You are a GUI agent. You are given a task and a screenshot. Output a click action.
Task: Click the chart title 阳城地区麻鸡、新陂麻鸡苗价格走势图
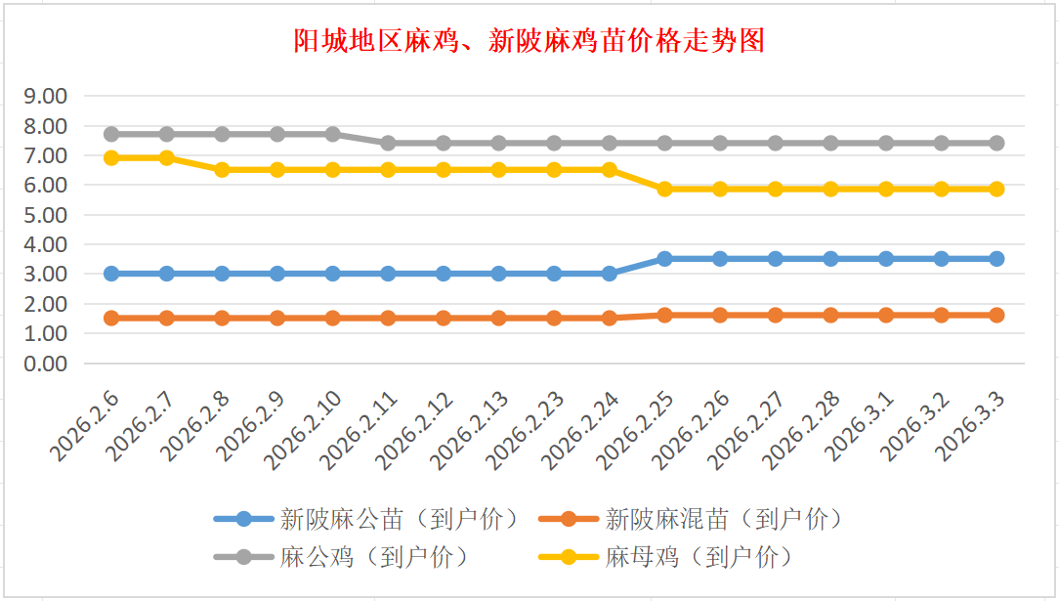tap(529, 41)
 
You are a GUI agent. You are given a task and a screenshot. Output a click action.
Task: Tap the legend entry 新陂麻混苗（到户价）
tap(723, 519)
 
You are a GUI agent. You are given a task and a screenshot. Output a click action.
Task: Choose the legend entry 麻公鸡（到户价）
tap(374, 557)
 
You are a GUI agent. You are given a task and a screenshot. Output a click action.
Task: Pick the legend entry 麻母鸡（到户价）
tap(699, 557)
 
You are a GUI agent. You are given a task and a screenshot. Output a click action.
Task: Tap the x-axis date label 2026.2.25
tap(639, 427)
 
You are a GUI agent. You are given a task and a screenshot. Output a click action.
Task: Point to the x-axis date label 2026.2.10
tap(307, 427)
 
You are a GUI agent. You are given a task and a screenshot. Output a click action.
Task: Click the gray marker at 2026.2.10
tap(332, 134)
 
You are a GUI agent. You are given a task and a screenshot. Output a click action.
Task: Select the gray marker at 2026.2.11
tap(388, 143)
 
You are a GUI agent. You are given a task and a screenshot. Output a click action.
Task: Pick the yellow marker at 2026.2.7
tap(167, 157)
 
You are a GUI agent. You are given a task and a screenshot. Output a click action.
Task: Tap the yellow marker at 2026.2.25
tap(664, 189)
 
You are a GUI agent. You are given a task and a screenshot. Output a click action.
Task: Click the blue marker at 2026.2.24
tap(610, 274)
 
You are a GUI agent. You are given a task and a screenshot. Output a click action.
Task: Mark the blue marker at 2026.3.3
tap(996, 259)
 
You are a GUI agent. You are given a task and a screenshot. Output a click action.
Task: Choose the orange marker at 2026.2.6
tap(111, 318)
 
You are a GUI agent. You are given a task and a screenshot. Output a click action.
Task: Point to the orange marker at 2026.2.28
tap(830, 315)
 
